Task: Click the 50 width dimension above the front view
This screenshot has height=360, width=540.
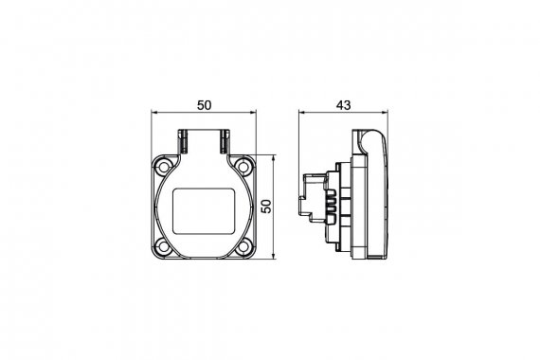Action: coord(205,105)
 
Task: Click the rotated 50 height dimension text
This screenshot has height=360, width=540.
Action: coord(266,207)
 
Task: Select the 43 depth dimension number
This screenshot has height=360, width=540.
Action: coord(343,105)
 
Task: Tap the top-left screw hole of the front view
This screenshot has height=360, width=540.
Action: coord(163,167)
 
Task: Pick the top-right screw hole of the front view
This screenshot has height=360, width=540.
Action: coord(243,167)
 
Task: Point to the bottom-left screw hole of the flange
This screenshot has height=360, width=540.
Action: coord(163,246)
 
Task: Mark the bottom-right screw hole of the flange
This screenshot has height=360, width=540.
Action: coord(243,246)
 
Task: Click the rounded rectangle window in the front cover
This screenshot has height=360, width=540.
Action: coord(204,211)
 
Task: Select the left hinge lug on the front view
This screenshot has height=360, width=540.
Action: coord(182,141)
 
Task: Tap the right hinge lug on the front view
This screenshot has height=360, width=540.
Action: coord(225,141)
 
